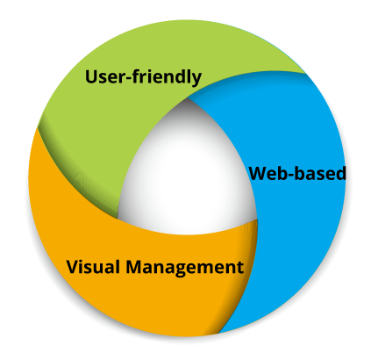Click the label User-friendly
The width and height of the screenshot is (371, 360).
[x=143, y=77]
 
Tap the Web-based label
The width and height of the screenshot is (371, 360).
[x=297, y=173]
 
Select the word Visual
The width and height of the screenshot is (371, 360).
[x=93, y=267]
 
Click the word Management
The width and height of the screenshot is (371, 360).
[x=185, y=268]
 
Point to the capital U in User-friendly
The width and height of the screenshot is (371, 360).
[x=92, y=76]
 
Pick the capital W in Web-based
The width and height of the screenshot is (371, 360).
[x=260, y=173]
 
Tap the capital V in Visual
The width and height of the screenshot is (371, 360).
[x=73, y=267]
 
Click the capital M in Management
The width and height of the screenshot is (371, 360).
[x=135, y=267]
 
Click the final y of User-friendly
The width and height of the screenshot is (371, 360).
[x=196, y=80]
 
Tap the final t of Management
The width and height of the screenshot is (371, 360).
[x=239, y=268]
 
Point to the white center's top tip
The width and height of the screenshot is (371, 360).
[x=188, y=97]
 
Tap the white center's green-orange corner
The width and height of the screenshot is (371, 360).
[x=118, y=219]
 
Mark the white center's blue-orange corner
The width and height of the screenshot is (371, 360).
[x=257, y=219]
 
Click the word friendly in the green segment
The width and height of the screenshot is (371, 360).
[x=167, y=77]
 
